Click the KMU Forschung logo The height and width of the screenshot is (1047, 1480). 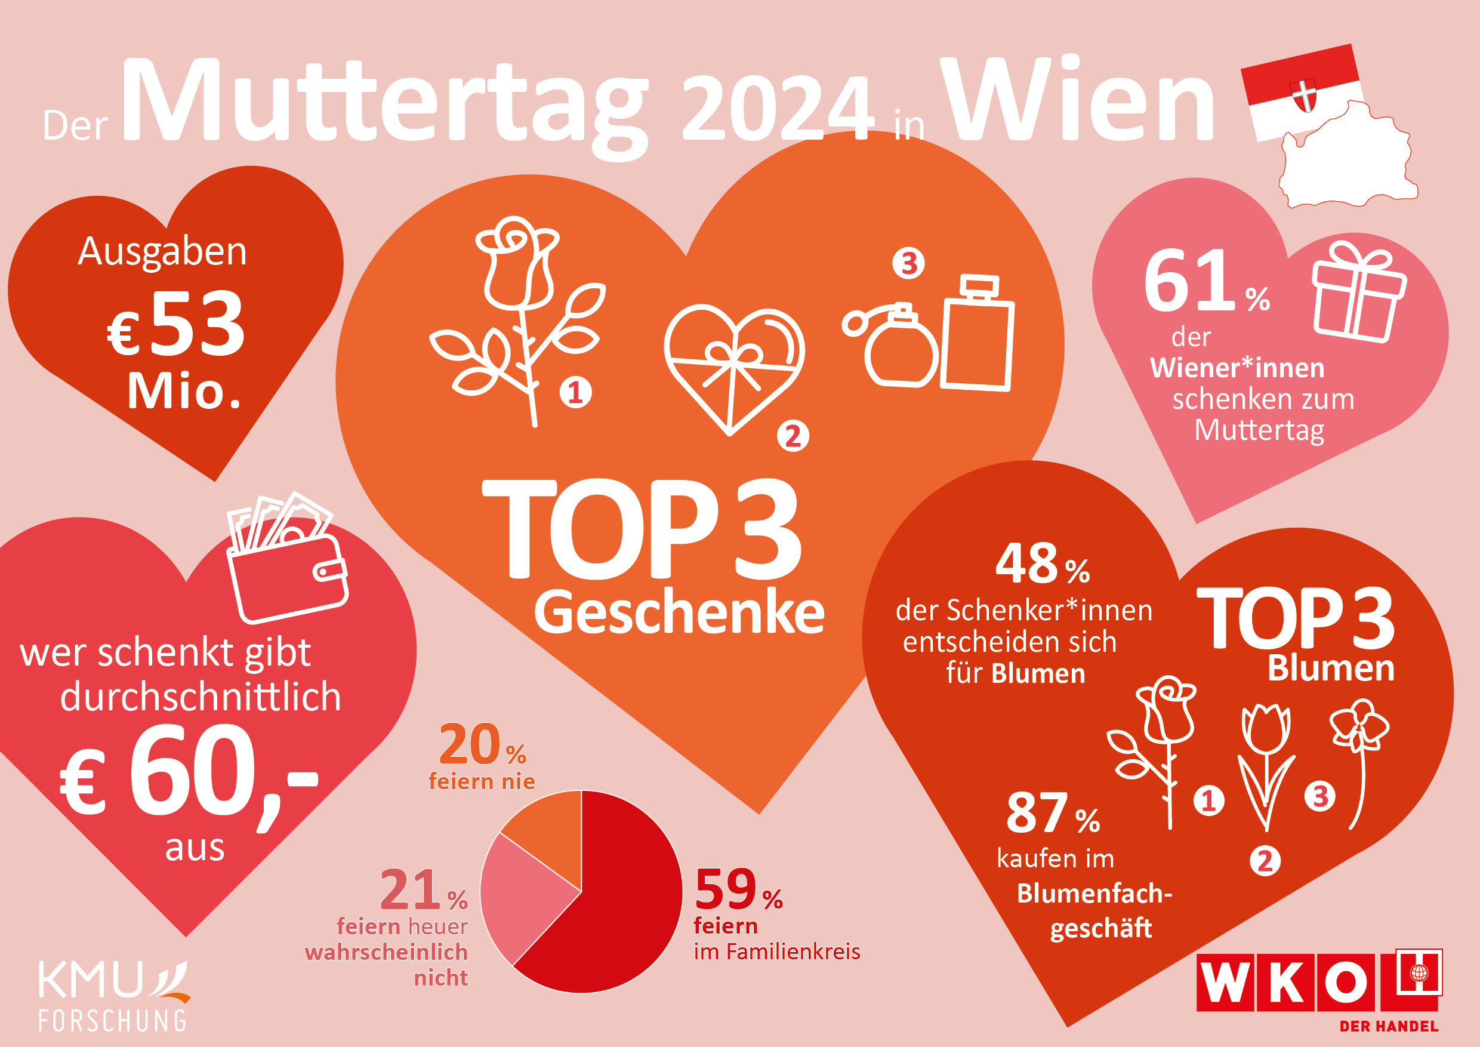click(x=113, y=996)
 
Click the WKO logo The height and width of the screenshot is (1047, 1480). click(x=1318, y=983)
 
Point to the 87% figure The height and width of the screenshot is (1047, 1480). click(x=1052, y=814)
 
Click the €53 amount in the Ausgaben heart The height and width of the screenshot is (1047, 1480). click(x=177, y=324)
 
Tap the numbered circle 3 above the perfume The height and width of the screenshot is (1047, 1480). click(x=908, y=263)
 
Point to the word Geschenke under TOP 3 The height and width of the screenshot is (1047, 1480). click(x=679, y=612)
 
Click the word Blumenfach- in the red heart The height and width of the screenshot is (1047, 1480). click(x=1094, y=894)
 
